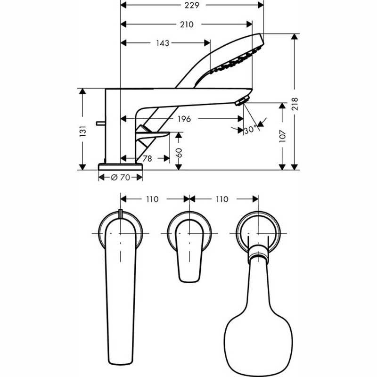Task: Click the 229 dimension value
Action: click(x=192, y=5)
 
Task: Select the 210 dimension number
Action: click(x=187, y=25)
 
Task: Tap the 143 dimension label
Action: click(x=163, y=43)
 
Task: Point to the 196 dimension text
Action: click(x=184, y=119)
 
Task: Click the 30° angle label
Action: click(x=250, y=130)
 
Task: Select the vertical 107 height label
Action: click(x=282, y=136)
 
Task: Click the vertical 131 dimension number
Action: click(x=83, y=131)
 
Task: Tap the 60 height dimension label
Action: click(x=179, y=153)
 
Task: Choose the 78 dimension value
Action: click(x=148, y=158)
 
